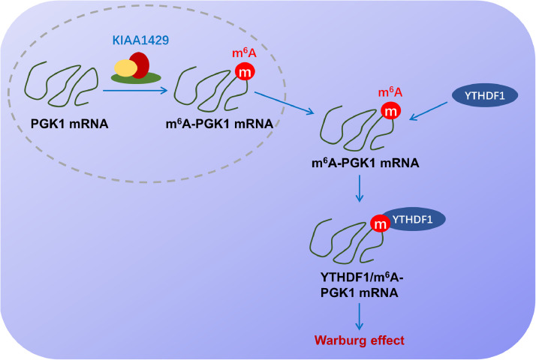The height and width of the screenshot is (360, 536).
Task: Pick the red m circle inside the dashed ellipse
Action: tap(245, 73)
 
